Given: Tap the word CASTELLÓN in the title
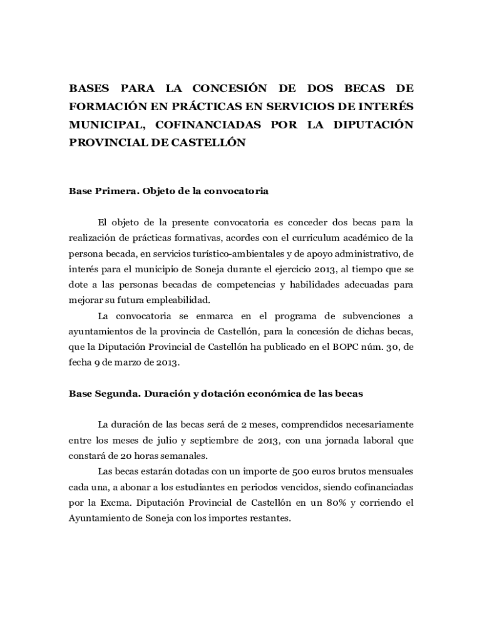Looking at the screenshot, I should tap(208, 143).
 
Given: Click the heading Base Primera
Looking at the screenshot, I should tap(102, 191).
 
